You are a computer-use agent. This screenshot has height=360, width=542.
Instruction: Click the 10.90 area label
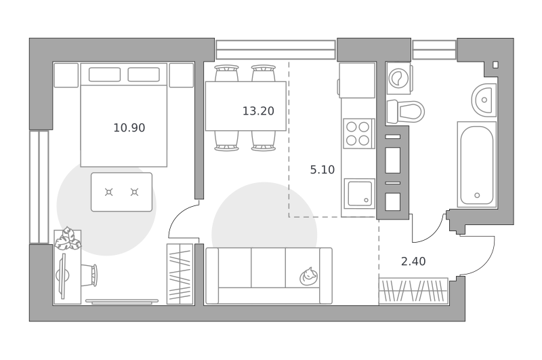coord(129,128)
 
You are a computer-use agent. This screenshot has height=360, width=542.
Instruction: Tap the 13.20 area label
coord(258,111)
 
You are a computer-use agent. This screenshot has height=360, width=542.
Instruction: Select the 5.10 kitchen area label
coord(322,169)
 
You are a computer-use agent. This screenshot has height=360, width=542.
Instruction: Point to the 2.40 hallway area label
coord(413,262)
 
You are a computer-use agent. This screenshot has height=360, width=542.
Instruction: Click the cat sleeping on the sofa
coord(309,276)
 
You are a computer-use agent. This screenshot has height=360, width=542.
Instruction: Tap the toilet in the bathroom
coord(405,112)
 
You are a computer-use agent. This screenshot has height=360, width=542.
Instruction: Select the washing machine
coord(398,78)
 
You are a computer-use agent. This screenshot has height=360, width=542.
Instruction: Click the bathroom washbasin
coord(484,100)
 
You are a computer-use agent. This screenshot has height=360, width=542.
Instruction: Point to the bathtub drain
coord(477,195)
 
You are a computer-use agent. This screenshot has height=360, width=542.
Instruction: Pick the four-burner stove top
coord(359,134)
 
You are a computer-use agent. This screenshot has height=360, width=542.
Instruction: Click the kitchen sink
coord(360,194)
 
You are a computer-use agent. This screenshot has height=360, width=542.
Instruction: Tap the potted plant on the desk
coord(68,239)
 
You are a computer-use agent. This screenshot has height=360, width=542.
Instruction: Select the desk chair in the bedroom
coord(89,275)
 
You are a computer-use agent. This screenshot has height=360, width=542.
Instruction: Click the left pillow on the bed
coord(104,75)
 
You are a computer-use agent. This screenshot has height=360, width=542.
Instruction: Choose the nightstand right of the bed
coord(181,75)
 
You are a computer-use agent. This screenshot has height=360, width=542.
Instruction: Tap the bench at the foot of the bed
coord(121,192)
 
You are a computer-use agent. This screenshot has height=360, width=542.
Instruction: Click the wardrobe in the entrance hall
coord(413,291)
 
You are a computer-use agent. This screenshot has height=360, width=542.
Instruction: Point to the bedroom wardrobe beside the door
coord(180,274)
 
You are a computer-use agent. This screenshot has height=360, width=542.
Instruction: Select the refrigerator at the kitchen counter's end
coord(357,80)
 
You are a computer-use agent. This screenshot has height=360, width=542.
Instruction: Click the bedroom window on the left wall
coord(39,187)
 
